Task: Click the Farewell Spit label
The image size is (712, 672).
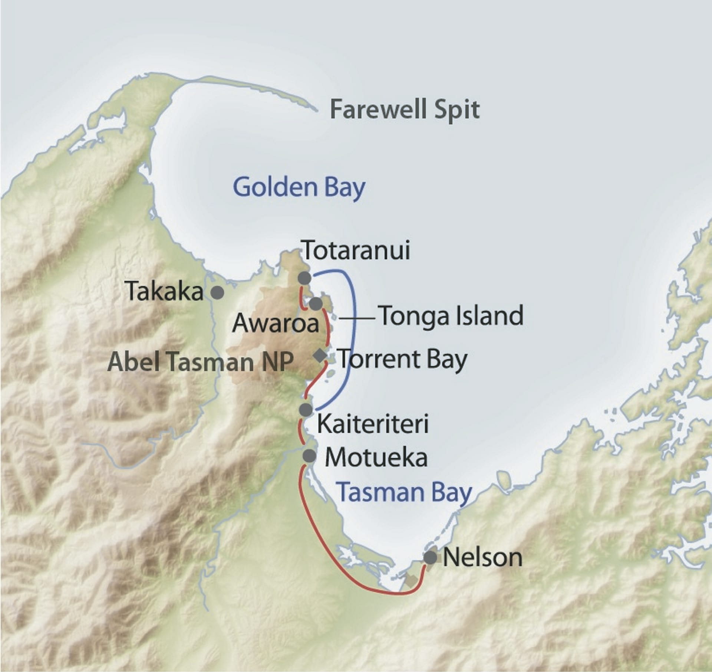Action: tap(405, 110)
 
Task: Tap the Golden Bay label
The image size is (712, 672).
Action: tap(299, 188)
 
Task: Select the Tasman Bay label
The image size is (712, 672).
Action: tap(405, 492)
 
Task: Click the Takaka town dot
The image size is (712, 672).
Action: tap(217, 292)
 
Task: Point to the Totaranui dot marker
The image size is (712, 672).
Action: tap(304, 278)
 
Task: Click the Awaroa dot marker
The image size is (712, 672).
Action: tap(316, 304)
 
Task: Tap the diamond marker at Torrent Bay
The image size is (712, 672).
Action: tap(320, 355)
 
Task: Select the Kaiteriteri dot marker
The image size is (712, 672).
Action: tap(306, 410)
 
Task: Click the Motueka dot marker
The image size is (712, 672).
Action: tap(309, 455)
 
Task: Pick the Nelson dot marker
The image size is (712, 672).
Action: tap(430, 558)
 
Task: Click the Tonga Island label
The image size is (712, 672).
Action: tap(452, 316)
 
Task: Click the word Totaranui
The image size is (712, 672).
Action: tap(356, 251)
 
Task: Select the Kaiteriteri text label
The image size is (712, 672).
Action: tap(373, 424)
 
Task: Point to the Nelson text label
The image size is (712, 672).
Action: tap(482, 557)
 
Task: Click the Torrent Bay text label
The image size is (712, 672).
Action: tap(403, 359)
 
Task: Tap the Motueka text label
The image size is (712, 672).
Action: tap(376, 458)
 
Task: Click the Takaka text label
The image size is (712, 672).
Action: tap(165, 292)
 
